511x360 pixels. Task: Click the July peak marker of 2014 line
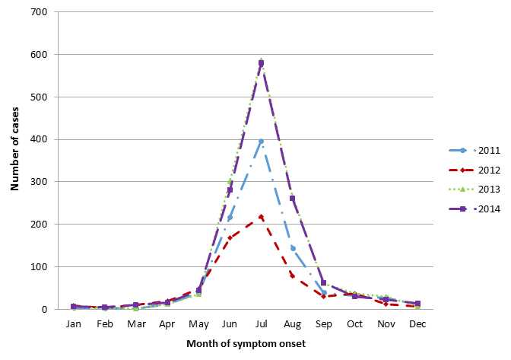coord(261,63)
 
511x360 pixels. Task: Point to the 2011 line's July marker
coord(261,142)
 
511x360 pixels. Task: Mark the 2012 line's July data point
coord(261,217)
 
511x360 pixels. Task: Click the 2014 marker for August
coord(293,199)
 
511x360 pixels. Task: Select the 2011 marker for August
coord(293,248)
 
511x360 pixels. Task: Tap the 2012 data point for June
coord(230,237)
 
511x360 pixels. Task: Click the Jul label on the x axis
coord(261,323)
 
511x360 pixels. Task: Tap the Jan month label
coord(73,323)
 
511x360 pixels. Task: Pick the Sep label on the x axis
coord(324,323)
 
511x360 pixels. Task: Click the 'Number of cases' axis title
coord(14,161)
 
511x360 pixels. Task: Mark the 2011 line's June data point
coord(230,218)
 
